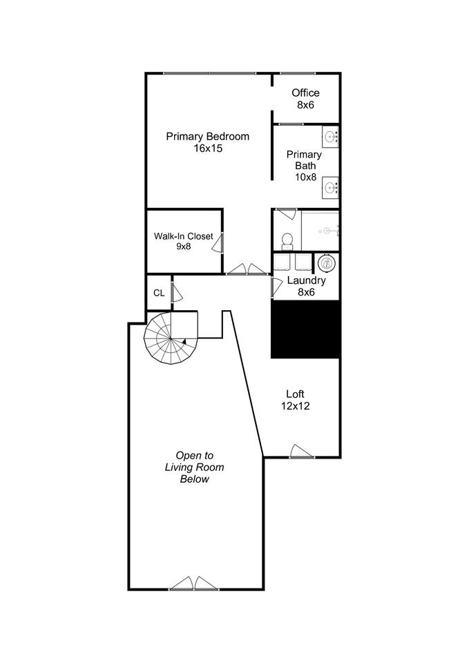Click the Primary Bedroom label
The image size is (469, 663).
coord(207,137)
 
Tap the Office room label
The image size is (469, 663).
coord(305,93)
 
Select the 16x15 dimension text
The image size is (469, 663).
coord(208,148)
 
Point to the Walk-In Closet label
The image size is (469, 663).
coord(183,236)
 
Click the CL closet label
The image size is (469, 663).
coord(159,293)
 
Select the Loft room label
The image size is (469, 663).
coord(295,394)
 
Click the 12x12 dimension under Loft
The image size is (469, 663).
coord(295,406)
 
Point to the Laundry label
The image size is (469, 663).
coord(306,280)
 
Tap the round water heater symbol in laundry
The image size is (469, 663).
coord(327,263)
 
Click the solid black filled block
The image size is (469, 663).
coord(306,330)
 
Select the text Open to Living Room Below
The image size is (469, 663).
coord(195,468)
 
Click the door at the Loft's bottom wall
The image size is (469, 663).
coord(302,452)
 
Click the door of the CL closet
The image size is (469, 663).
coord(177,292)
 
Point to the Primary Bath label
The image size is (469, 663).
coord(305,160)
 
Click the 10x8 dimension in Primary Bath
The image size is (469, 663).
coord(306,177)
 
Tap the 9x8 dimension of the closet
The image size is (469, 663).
coord(184,247)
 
